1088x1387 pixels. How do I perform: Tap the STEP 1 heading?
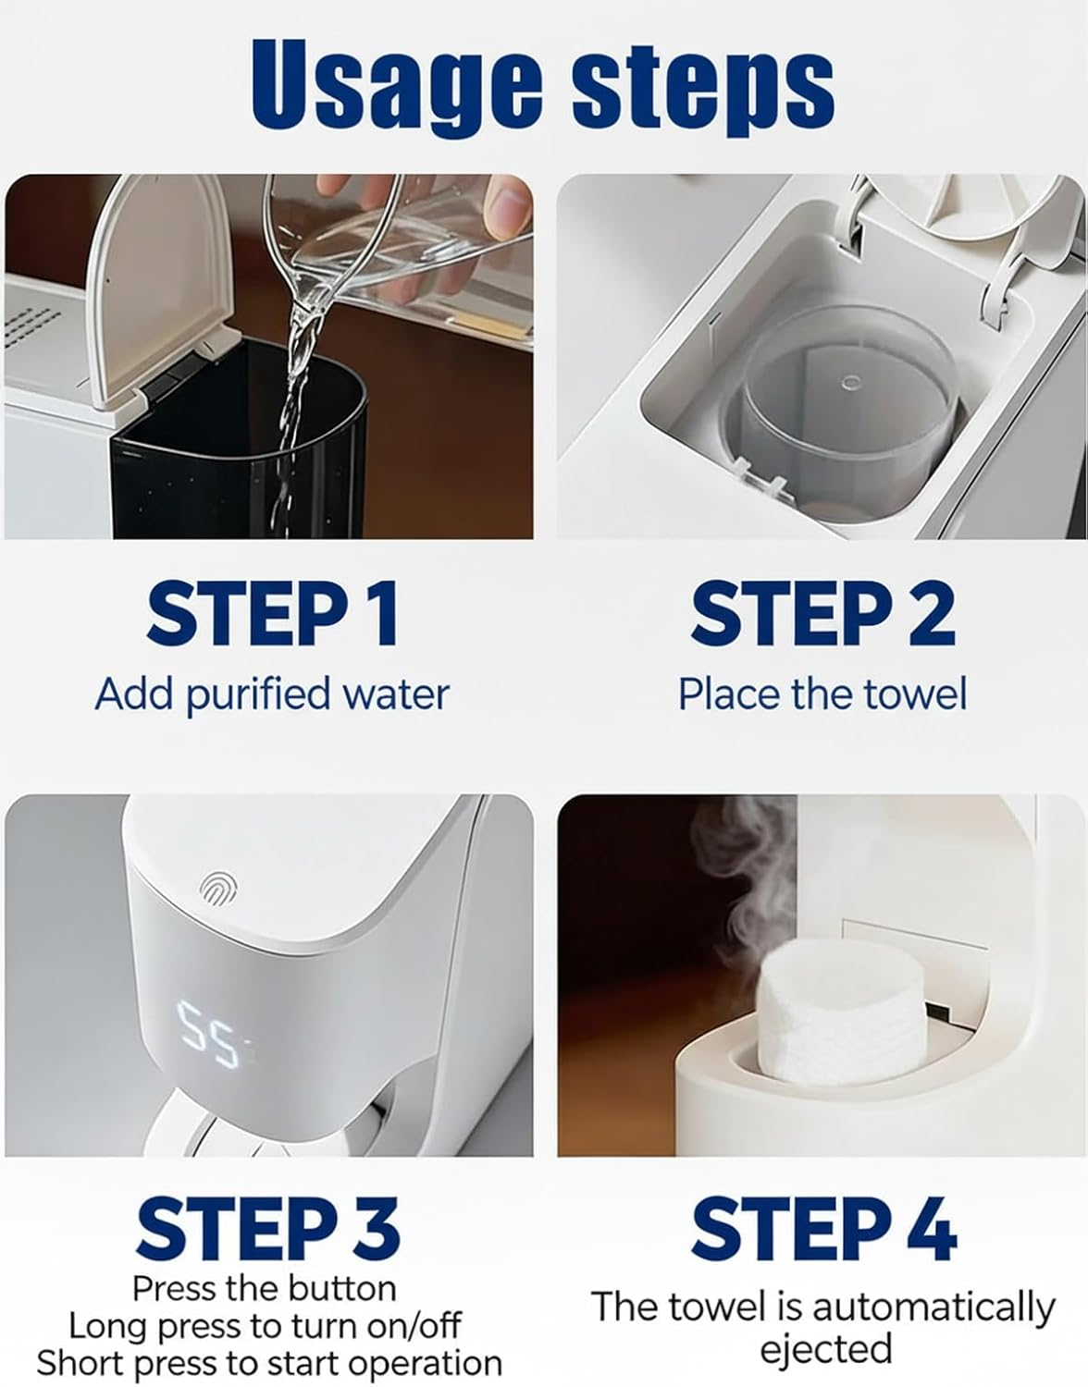(273, 613)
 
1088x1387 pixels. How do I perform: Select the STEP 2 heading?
(822, 613)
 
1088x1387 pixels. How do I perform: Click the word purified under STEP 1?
(259, 694)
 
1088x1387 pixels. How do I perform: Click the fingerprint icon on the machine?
(218, 889)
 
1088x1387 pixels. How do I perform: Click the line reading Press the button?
(265, 1288)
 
